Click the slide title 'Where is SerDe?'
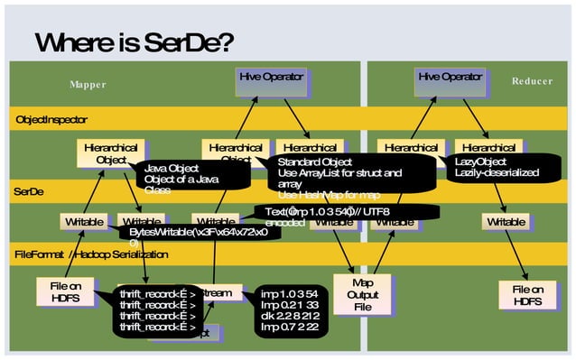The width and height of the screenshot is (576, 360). click(x=135, y=42)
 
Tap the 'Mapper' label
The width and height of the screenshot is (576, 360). click(x=88, y=84)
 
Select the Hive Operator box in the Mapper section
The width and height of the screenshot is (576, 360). click(x=270, y=78)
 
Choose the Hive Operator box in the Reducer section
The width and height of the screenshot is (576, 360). click(x=449, y=78)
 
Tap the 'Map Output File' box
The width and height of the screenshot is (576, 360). click(x=362, y=294)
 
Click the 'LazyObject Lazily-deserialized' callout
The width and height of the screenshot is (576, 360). click(x=501, y=167)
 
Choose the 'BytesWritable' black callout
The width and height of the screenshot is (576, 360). click(x=193, y=235)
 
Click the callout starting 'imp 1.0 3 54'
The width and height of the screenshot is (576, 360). click(x=293, y=310)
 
